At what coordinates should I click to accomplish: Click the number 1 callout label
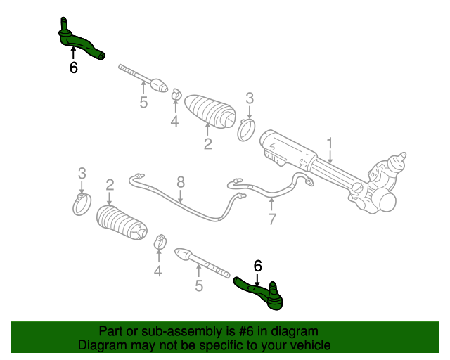[x=328, y=143]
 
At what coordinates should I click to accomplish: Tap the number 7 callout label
[x=272, y=220]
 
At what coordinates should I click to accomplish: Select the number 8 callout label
[x=180, y=182]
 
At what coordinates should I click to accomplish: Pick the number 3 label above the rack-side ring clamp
[x=249, y=98]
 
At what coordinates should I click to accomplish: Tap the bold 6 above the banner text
[x=257, y=266]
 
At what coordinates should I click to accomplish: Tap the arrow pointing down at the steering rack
[x=328, y=156]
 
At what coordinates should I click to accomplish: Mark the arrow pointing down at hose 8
[x=180, y=196]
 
